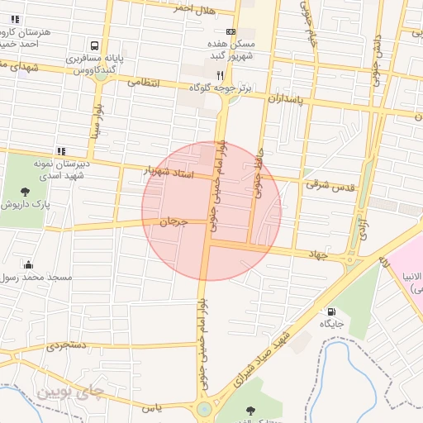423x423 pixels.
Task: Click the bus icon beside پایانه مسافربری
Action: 96,46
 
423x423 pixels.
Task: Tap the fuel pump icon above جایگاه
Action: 331,312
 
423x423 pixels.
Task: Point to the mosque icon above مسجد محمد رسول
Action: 30,264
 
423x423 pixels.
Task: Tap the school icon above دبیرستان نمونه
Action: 61,151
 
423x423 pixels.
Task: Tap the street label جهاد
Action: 317,254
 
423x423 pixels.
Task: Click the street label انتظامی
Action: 146,83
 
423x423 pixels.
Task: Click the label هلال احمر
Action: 194,10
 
